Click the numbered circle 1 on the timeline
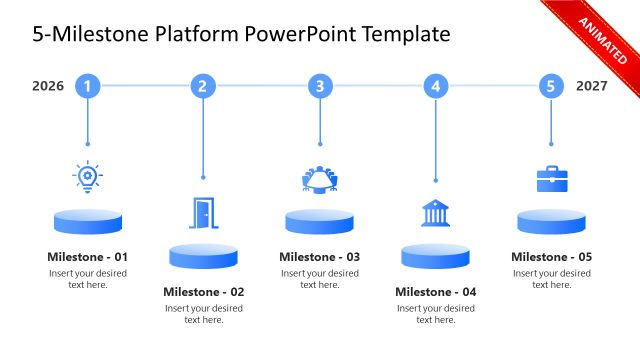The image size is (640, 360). pyautogui.click(x=88, y=86)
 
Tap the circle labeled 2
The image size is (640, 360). pyautogui.click(x=203, y=86)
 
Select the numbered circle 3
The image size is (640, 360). pyautogui.click(x=320, y=86)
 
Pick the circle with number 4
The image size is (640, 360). pyautogui.click(x=435, y=86)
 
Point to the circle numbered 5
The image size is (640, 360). pyautogui.click(x=551, y=86)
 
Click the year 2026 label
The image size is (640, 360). pyautogui.click(x=48, y=86)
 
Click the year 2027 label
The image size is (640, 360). pyautogui.click(x=592, y=86)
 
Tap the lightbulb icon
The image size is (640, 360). pyautogui.click(x=88, y=176)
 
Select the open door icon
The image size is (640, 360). pyautogui.click(x=203, y=212)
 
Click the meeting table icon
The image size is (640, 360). pyautogui.click(x=320, y=178)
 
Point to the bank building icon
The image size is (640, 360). pyautogui.click(x=435, y=213)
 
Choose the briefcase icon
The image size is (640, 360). pyautogui.click(x=552, y=178)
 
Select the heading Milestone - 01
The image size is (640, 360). pyautogui.click(x=88, y=257)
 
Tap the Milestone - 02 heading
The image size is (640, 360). pyautogui.click(x=203, y=292)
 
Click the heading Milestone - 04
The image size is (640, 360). pyautogui.click(x=435, y=292)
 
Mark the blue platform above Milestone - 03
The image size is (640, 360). pyautogui.click(x=320, y=221)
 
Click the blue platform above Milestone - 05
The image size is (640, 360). pyautogui.click(x=552, y=221)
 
